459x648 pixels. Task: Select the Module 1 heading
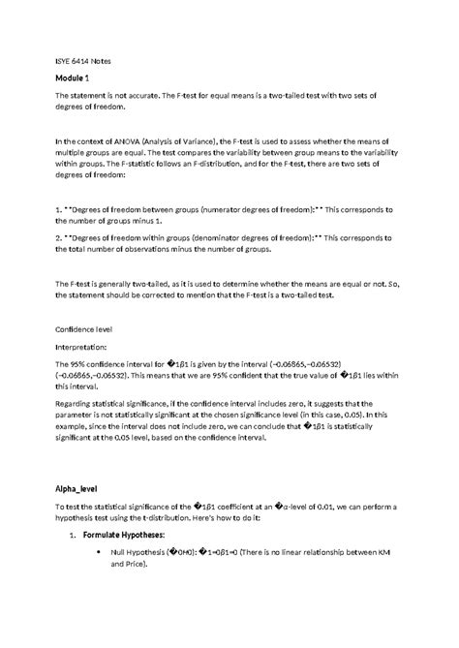pyautogui.click(x=73, y=77)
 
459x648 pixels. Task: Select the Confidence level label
pyautogui.click(x=86, y=327)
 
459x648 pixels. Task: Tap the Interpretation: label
pyautogui.click(x=85, y=344)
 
